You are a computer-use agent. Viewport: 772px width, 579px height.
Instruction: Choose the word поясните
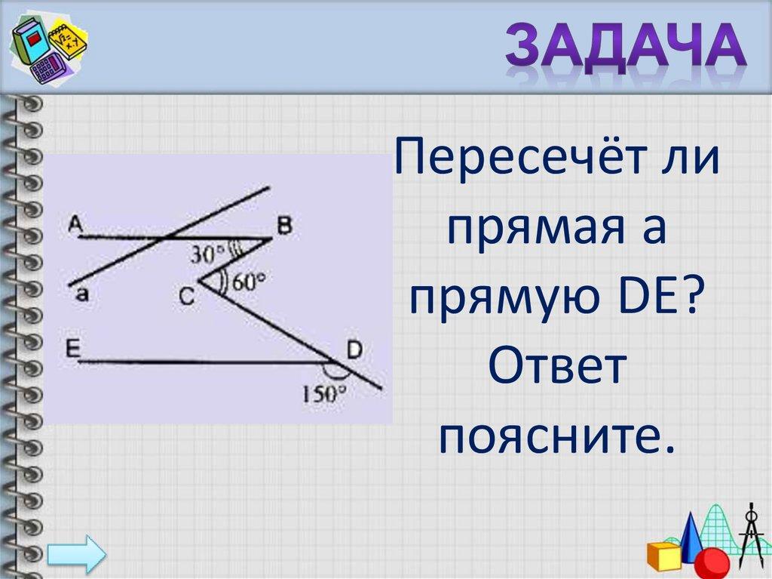[556, 436]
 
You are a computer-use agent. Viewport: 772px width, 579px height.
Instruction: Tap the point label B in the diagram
[284, 226]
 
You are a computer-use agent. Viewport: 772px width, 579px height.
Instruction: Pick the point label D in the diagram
[354, 350]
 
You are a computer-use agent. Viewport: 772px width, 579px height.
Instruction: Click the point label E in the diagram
[73, 350]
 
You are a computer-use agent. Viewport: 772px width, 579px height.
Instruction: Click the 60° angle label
[249, 282]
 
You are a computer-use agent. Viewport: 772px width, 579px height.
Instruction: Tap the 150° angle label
[324, 393]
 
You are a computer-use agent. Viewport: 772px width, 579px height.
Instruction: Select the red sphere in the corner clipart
[715, 562]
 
